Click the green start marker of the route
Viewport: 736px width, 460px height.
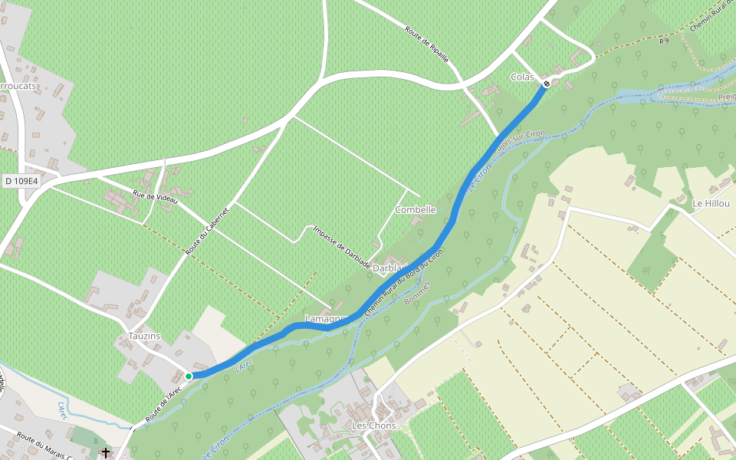coord(188,376)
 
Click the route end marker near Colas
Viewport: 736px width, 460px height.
coord(547,84)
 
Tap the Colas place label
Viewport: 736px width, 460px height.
coord(522,77)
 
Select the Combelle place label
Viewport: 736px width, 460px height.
coord(416,209)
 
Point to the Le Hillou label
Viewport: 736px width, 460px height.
coord(708,204)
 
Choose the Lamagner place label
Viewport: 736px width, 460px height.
coord(326,318)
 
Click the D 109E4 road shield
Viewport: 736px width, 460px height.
coord(20,181)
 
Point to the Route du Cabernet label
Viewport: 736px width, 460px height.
coord(207,231)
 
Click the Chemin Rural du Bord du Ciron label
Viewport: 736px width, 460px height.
coord(404,284)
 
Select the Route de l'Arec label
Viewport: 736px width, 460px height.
coord(163,404)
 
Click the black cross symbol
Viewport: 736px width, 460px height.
coord(106,453)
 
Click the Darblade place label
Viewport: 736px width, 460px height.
coord(392,268)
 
